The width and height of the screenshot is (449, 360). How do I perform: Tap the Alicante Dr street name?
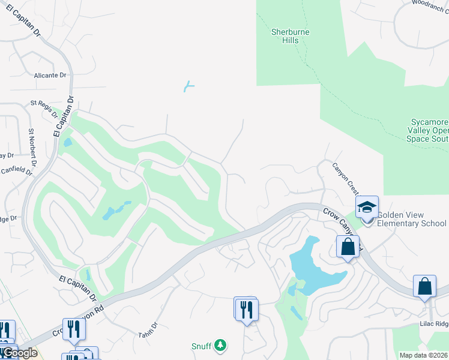[50, 76]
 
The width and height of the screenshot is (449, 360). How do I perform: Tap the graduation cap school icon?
[367, 208]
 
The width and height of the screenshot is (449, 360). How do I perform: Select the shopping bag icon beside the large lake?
[348, 246]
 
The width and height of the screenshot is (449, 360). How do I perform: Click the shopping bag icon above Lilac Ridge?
[424, 286]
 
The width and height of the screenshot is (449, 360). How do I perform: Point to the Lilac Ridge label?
[433, 323]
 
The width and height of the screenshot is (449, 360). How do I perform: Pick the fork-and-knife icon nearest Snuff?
[247, 310]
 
